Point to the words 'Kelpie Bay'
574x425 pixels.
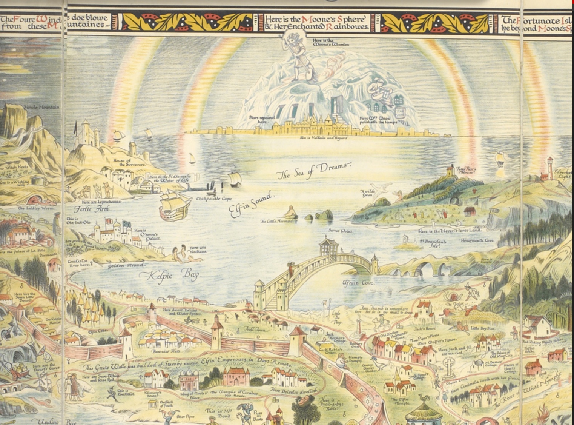(x=169, y=275)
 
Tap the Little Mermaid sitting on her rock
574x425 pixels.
(x=290, y=213)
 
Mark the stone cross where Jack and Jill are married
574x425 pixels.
(x=448, y=366)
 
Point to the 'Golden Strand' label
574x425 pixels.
(x=121, y=266)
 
